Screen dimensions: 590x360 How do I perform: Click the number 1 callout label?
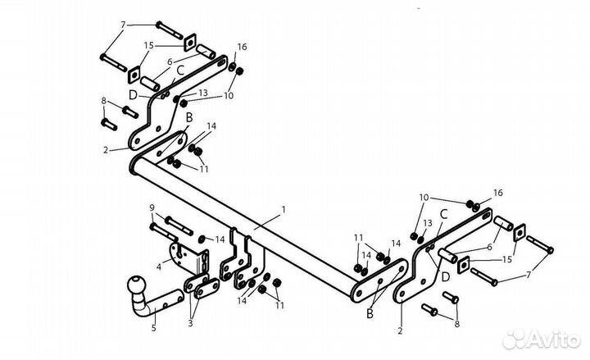tap(284, 209)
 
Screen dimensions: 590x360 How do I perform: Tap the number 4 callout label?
tap(159, 267)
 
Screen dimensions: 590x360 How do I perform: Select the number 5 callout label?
tap(153, 328)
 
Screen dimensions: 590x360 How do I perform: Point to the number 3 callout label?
tap(190, 323)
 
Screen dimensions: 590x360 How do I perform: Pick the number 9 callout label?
tap(152, 207)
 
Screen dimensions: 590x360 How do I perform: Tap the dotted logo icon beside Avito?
tap(514, 339)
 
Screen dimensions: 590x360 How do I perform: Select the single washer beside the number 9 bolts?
tap(202, 239)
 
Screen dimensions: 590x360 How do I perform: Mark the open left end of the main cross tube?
tap(133, 167)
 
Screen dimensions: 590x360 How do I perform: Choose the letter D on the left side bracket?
tap(133, 96)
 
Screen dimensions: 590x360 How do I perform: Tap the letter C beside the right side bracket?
tap(443, 215)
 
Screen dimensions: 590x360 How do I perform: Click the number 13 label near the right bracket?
tap(428, 223)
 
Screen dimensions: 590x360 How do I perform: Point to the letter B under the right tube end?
tap(370, 314)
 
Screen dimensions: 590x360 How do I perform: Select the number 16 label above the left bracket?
tap(242, 47)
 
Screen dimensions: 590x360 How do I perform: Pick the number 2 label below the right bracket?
tap(400, 331)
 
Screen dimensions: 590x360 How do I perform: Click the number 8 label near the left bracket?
tap(104, 101)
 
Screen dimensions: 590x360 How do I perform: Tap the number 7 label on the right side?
tap(529, 275)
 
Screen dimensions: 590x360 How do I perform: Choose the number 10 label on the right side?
tap(424, 198)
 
